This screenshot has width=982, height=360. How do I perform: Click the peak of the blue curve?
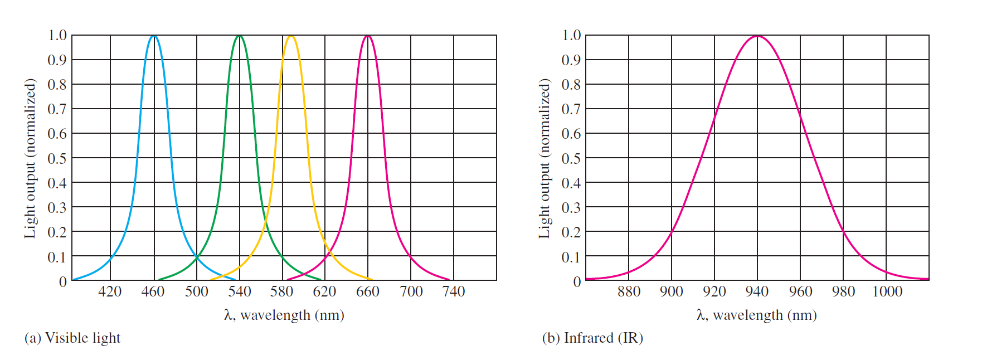[154, 36]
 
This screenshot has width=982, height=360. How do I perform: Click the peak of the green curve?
[240, 36]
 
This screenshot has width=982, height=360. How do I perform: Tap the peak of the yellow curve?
[290, 36]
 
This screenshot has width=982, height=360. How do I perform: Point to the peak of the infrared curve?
[757, 36]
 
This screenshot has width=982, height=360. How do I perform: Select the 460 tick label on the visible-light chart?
[153, 291]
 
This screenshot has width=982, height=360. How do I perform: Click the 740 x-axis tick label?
[454, 291]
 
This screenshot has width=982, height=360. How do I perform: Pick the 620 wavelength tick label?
[324, 291]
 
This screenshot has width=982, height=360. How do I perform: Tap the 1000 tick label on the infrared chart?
[887, 291]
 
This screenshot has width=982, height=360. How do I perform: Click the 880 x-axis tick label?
[629, 291]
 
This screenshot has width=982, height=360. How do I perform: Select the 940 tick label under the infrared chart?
[757, 291]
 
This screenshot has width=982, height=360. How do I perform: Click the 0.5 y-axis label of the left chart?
[57, 159]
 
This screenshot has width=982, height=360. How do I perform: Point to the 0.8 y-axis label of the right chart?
[571, 85]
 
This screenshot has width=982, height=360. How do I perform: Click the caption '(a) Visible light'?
[72, 338]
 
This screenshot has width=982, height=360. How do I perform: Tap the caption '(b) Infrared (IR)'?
[592, 338]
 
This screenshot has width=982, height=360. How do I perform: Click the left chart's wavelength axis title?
[284, 315]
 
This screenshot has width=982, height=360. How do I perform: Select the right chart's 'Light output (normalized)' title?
[545, 158]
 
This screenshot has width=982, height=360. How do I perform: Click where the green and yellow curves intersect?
[266, 223]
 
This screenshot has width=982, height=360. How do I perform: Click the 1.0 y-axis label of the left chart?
[57, 36]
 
